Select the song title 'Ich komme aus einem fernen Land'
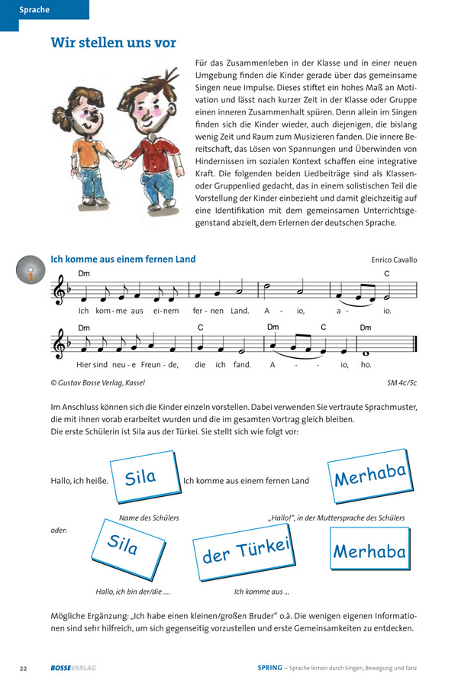coord(123,260)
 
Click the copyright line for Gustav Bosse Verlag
coord(97,383)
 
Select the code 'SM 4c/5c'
coord(403,383)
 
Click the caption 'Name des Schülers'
coord(150,518)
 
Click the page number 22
coord(24,669)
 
